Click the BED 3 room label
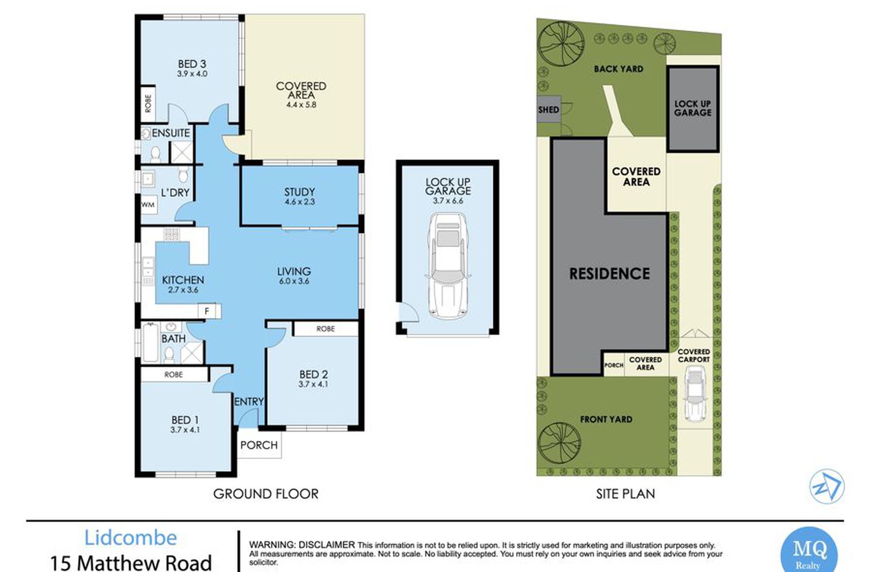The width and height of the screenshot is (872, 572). coord(192,64)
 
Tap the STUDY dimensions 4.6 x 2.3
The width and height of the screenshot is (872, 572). coord(300,202)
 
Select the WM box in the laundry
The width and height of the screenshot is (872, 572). coord(148,205)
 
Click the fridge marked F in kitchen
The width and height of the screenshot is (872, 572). coord(207,311)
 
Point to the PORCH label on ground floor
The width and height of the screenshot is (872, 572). coord(259,445)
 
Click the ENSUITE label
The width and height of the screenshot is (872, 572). coord(171,133)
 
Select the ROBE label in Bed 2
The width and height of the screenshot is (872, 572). coord(326,329)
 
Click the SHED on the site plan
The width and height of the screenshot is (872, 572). coord(548,110)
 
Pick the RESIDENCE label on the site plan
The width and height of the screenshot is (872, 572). coord(609,274)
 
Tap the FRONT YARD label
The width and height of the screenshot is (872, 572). coord(606,419)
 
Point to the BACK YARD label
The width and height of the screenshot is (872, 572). coord(619,69)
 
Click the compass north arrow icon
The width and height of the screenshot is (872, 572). coord(826,486)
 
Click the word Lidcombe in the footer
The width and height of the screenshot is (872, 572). coord(131,538)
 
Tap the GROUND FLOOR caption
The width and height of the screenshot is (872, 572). coord(266,494)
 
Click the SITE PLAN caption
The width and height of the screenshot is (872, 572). coord(625,494)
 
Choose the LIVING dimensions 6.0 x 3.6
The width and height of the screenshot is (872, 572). coord(294,281)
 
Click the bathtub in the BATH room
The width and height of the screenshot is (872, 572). coord(150,342)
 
